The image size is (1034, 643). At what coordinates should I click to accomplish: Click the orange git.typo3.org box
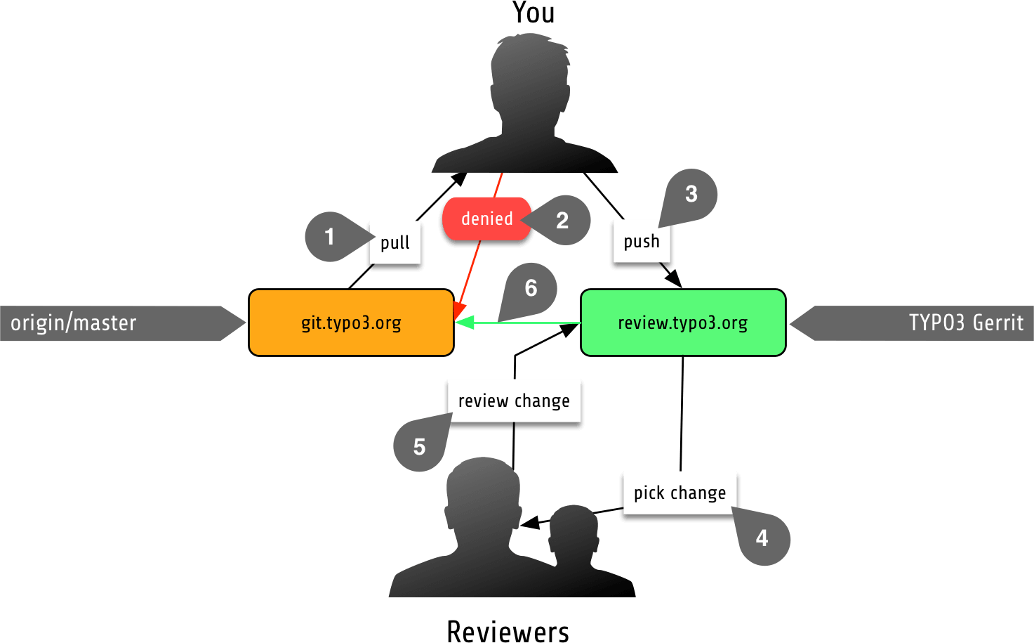click(351, 323)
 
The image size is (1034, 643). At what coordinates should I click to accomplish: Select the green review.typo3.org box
click(683, 323)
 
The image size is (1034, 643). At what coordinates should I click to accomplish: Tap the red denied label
click(487, 219)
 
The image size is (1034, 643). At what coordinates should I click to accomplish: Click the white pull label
click(395, 242)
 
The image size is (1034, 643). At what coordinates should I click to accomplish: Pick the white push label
click(642, 241)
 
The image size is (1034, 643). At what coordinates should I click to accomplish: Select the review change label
click(514, 401)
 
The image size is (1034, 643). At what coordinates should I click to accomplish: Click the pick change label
click(680, 493)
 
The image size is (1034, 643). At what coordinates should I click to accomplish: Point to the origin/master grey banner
click(112, 323)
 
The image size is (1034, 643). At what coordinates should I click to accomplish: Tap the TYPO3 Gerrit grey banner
click(920, 323)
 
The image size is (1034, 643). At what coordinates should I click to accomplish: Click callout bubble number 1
click(329, 237)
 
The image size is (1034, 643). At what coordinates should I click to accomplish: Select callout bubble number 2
click(562, 221)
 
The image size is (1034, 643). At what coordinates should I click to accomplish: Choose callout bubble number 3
click(691, 194)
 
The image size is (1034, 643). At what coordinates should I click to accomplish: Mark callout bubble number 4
click(762, 538)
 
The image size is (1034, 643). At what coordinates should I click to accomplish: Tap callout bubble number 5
click(419, 447)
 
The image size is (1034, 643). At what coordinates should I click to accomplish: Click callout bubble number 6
click(531, 287)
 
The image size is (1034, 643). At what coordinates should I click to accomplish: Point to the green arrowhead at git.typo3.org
click(464, 323)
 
